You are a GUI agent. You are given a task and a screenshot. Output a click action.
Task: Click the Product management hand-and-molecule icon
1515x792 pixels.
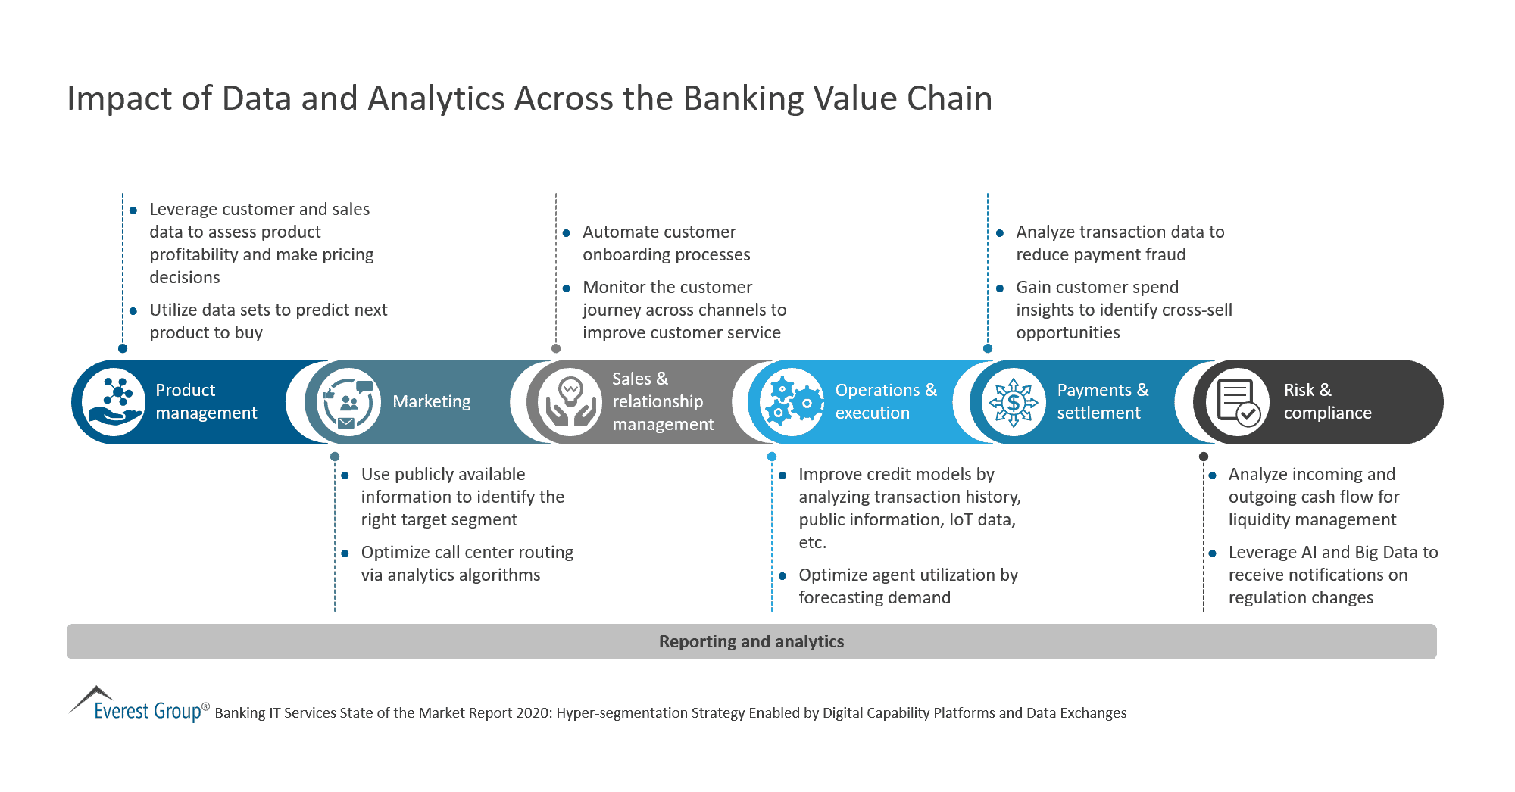click(x=114, y=402)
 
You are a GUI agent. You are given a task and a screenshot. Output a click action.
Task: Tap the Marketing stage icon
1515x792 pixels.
click(x=348, y=402)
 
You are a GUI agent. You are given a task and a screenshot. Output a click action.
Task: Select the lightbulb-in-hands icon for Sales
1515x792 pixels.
click(x=570, y=402)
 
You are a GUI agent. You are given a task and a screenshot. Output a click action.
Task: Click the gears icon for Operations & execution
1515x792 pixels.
click(x=792, y=402)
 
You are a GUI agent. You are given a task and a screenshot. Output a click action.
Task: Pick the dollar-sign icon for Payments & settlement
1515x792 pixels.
click(x=1013, y=402)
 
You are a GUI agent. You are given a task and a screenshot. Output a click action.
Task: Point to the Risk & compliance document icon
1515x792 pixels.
click(x=1237, y=402)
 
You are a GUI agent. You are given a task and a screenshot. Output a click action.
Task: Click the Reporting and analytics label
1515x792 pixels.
click(x=751, y=642)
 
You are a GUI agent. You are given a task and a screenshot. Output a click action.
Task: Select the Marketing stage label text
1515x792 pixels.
click(x=431, y=402)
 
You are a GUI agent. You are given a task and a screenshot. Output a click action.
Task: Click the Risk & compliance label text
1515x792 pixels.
click(x=1326, y=402)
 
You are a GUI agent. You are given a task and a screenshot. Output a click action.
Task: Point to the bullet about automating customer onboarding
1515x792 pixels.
click(x=666, y=243)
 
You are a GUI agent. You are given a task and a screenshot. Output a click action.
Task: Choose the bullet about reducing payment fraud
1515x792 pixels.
click(x=1119, y=243)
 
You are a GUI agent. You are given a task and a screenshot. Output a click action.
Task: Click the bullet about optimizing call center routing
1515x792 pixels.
click(x=466, y=563)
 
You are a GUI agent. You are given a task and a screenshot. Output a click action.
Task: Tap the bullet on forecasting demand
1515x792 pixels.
click(x=907, y=586)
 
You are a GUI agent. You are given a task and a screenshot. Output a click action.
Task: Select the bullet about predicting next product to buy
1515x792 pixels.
click(x=267, y=321)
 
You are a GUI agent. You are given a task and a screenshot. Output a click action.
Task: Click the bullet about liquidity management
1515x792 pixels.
click(x=1313, y=497)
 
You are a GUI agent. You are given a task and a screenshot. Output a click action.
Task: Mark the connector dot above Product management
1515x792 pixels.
click(x=123, y=348)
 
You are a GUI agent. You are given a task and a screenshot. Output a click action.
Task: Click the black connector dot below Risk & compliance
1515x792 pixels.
click(x=1204, y=457)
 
